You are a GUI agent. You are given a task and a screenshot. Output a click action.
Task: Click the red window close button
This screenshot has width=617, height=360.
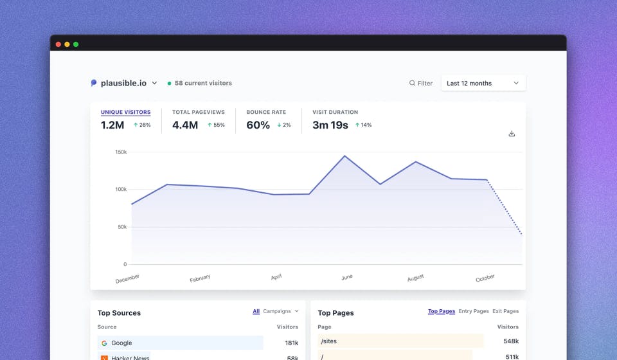[x=58, y=44]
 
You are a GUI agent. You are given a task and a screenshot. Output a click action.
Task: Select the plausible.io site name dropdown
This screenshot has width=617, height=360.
[x=124, y=83]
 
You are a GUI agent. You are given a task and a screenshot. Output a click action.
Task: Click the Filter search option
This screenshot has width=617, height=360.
[x=421, y=83]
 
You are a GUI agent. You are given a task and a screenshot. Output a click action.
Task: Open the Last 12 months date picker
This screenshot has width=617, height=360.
[x=483, y=83]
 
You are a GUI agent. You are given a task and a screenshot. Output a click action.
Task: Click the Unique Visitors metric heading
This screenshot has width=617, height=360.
[x=125, y=112]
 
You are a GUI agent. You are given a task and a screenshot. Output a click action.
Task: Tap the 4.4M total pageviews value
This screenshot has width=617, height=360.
[x=185, y=125]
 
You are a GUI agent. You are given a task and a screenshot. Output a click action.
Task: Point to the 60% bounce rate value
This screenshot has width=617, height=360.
[x=258, y=125]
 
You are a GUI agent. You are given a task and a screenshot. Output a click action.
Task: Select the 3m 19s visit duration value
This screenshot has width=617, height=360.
[x=330, y=125]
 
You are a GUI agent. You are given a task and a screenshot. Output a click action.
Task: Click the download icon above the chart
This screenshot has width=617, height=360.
[x=512, y=134]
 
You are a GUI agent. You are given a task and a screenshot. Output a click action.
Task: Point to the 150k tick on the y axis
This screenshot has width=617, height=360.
[x=121, y=152]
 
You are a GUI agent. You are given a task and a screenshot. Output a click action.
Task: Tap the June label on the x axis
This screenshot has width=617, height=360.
[x=346, y=277]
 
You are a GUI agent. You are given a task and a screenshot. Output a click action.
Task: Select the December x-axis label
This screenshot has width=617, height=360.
[x=127, y=279]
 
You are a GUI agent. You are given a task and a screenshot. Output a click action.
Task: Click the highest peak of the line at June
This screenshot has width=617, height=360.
[x=345, y=156]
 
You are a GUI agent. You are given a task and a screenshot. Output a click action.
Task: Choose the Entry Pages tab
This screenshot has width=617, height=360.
[x=473, y=311]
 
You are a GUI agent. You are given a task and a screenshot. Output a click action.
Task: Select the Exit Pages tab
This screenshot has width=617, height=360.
[x=505, y=311]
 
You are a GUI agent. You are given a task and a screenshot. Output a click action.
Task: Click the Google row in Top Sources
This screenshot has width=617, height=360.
[x=180, y=343]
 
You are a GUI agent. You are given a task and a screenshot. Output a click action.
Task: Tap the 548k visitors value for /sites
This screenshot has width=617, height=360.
[x=511, y=341]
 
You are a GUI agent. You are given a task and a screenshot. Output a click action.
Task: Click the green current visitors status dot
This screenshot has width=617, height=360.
[x=170, y=84]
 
